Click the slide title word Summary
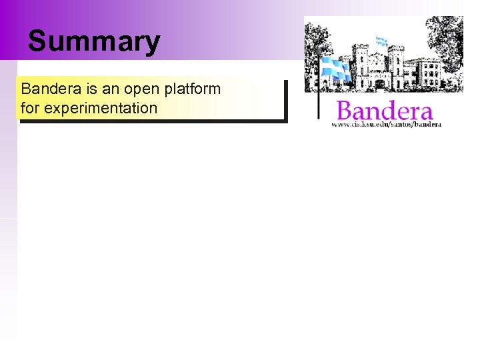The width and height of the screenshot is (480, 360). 94,41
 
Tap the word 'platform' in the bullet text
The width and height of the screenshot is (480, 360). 194,89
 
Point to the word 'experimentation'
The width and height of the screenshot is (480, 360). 99,107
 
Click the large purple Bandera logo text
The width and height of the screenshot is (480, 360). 385,111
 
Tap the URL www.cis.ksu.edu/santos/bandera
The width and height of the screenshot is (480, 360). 387,124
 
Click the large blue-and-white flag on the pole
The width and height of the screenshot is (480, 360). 335,69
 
